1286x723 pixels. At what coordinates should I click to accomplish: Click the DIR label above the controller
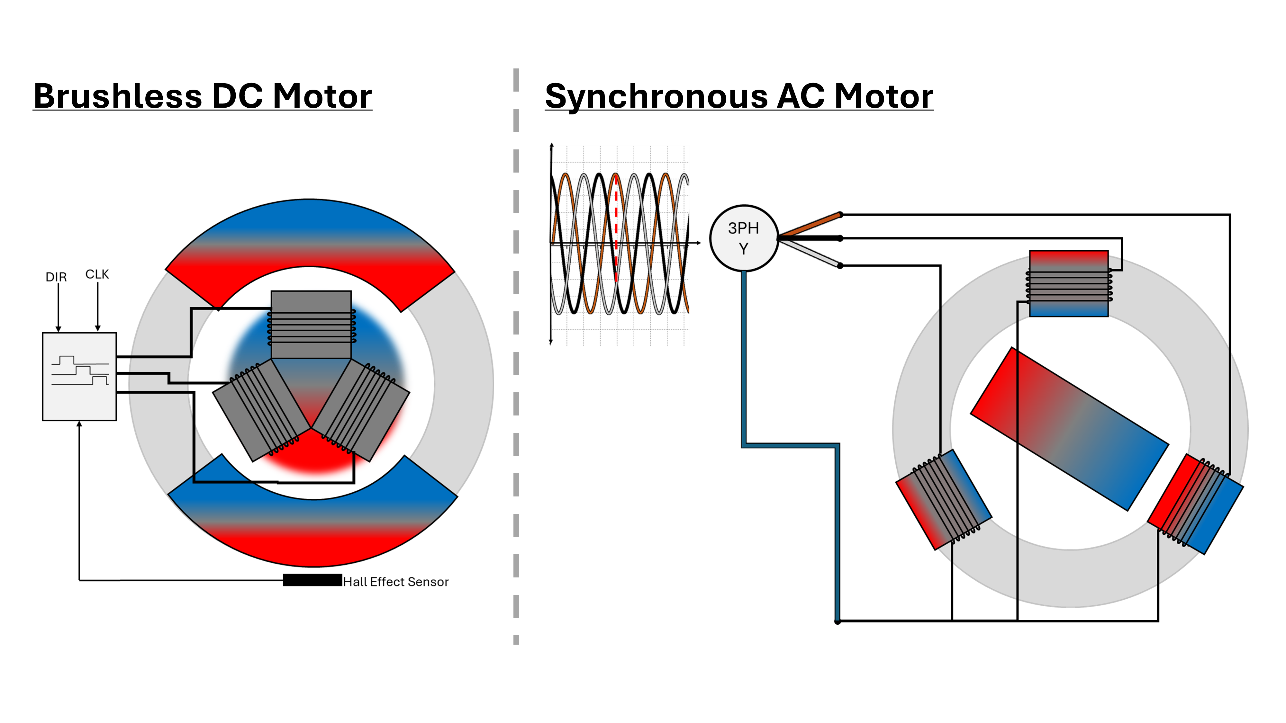(x=56, y=277)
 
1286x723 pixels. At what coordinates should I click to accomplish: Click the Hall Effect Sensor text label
(x=396, y=582)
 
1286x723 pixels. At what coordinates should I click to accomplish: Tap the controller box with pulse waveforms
(x=79, y=377)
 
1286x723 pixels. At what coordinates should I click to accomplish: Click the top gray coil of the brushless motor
(x=311, y=324)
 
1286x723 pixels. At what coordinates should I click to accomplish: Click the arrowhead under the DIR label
(x=59, y=329)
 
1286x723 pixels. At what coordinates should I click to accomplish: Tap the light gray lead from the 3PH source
(x=811, y=254)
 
